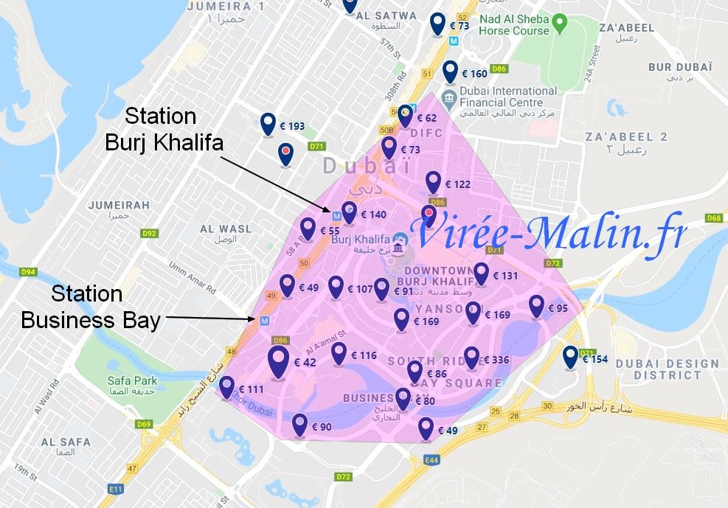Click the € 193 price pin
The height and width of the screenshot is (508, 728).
point(268,124)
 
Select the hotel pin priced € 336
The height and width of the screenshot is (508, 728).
point(471,358)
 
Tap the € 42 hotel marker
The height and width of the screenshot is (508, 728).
point(278,362)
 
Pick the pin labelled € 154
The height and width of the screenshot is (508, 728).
point(570,358)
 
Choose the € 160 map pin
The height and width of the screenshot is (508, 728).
point(450,72)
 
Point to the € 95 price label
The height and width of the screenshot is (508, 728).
point(558,308)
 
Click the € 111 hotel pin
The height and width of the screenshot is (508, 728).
point(226,387)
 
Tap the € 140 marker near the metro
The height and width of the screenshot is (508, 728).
point(350,213)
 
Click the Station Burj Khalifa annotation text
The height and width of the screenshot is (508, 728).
point(164,129)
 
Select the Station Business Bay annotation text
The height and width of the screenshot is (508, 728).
point(90,307)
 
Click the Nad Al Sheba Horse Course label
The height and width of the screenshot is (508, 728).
point(513,25)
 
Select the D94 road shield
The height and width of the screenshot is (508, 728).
point(28,273)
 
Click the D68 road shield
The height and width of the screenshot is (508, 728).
point(713,218)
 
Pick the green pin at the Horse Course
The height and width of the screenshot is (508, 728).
point(559,24)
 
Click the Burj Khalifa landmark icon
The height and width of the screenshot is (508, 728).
point(398,242)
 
